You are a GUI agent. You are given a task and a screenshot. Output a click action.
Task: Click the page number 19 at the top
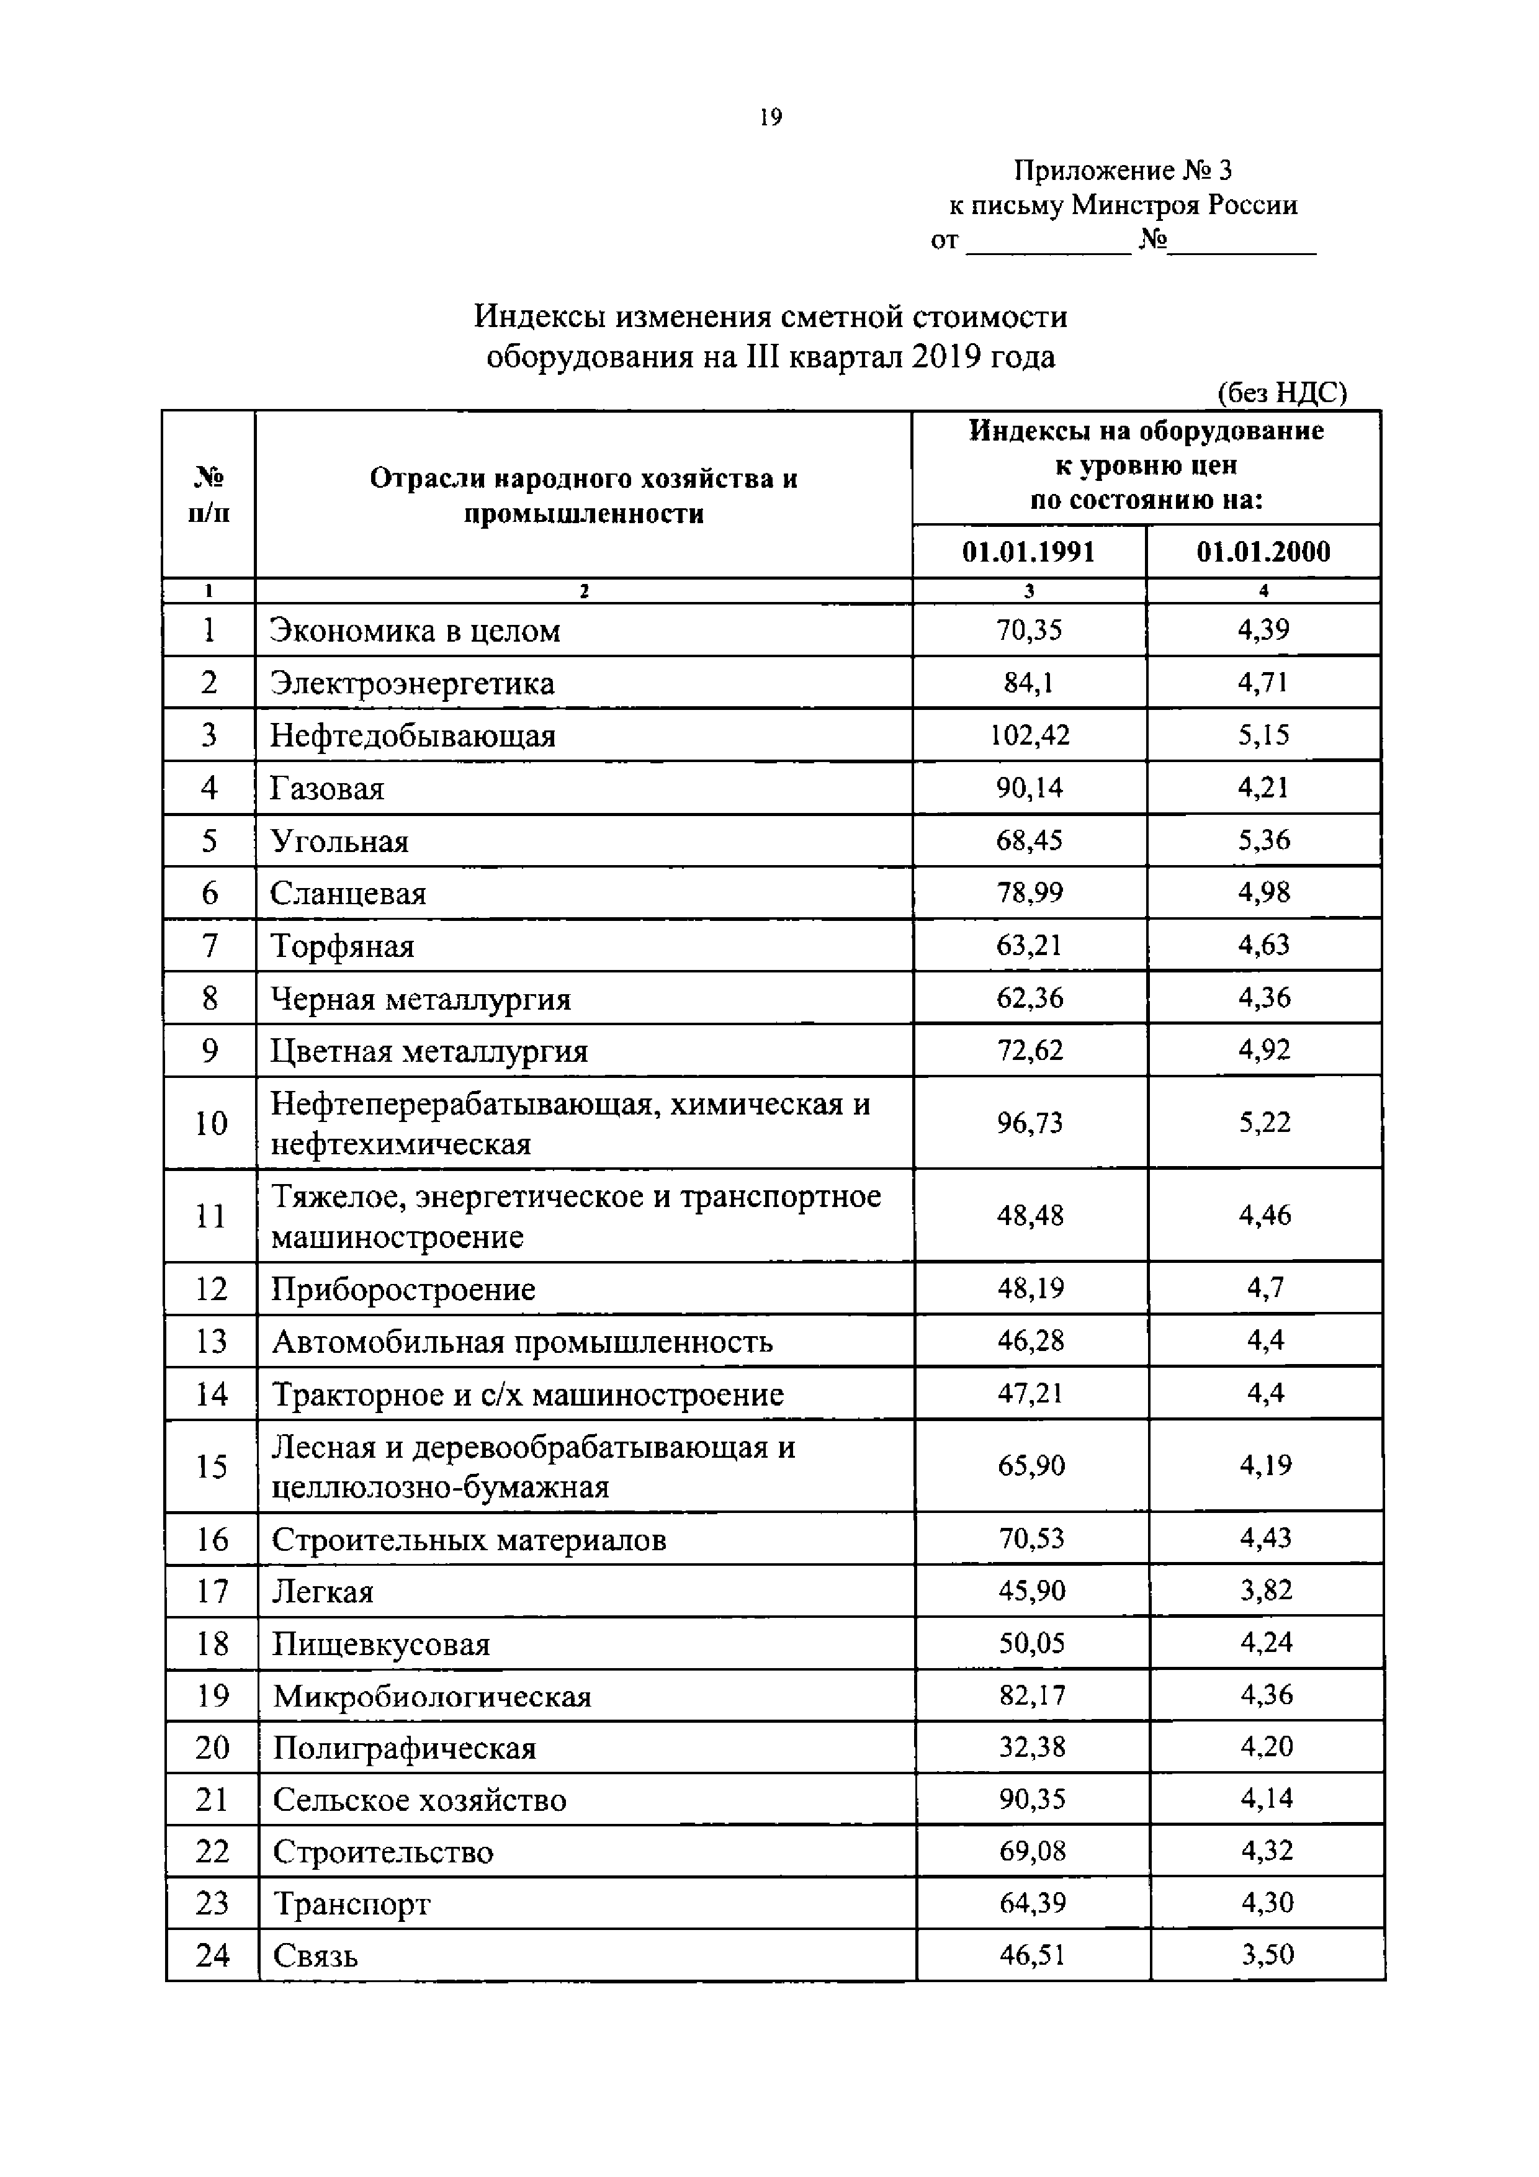pyautogui.click(x=770, y=117)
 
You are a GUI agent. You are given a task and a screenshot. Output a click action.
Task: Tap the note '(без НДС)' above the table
pyautogui.click(x=1281, y=393)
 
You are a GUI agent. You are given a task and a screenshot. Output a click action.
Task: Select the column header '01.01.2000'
pyautogui.click(x=1263, y=552)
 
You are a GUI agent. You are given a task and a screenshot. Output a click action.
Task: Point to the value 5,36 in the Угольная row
pyautogui.click(x=1264, y=840)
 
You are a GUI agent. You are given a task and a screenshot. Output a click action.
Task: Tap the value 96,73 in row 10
pyautogui.click(x=1030, y=1123)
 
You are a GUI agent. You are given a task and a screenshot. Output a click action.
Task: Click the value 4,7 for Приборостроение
pyautogui.click(x=1265, y=1288)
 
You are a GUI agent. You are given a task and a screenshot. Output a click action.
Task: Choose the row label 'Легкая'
pyautogui.click(x=323, y=1591)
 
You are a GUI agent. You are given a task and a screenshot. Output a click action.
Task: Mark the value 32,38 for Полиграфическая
pyautogui.click(x=1032, y=1746)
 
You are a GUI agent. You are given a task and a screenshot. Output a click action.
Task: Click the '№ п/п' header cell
pyautogui.click(x=209, y=494)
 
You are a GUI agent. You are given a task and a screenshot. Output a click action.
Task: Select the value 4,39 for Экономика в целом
pyautogui.click(x=1263, y=631)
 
